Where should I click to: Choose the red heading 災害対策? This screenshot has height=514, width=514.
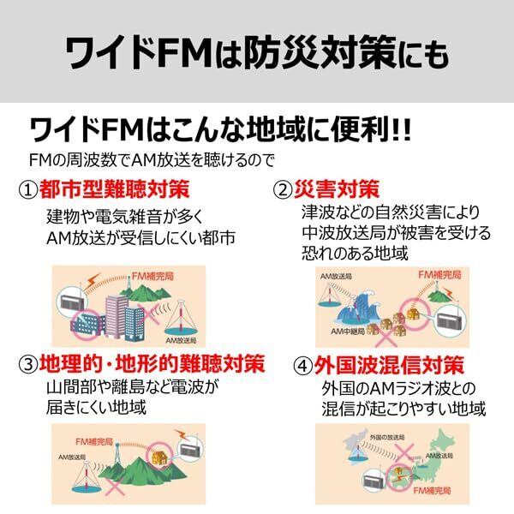[x=338, y=188]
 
